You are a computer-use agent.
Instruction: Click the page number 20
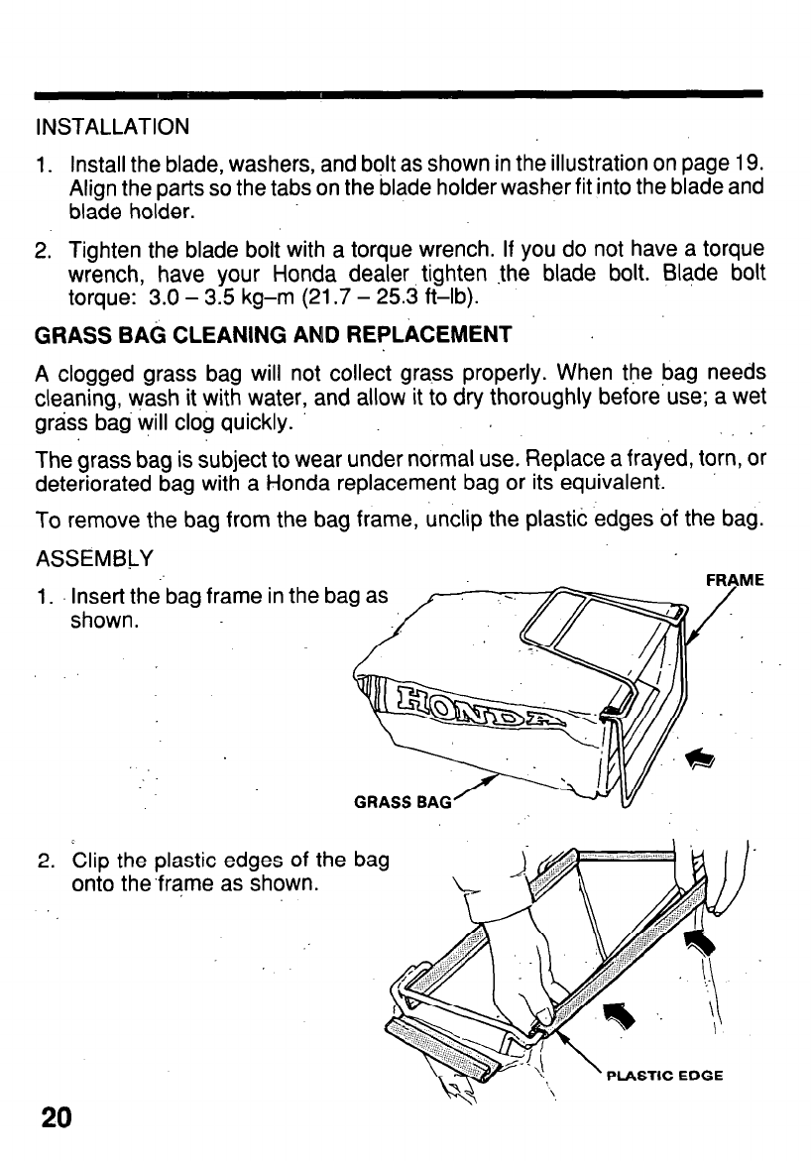tap(57, 1117)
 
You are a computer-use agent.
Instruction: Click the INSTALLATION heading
tap(111, 128)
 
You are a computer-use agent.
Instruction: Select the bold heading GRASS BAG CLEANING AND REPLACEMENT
tap(273, 335)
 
